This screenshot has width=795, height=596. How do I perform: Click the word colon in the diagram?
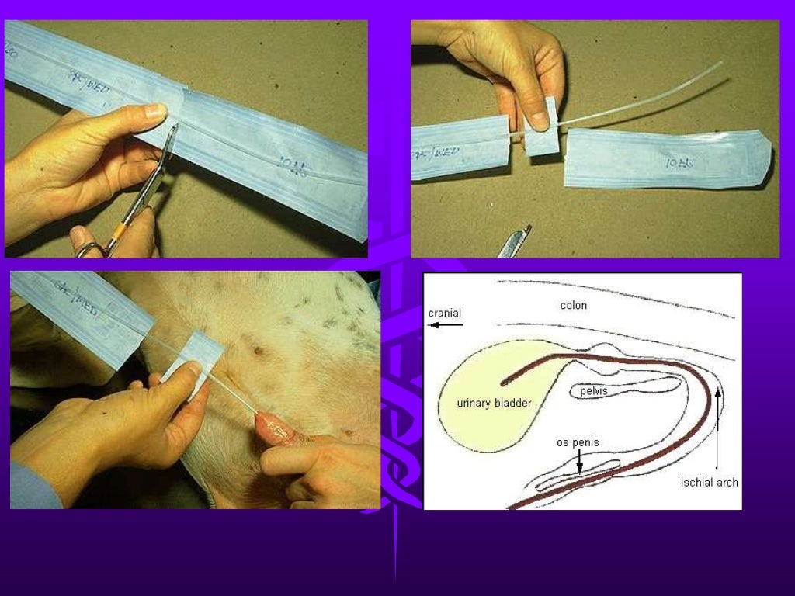pyautogui.click(x=574, y=306)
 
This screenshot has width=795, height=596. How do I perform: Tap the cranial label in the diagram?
pyautogui.click(x=445, y=313)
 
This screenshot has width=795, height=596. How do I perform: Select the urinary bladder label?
pyautogui.click(x=494, y=404)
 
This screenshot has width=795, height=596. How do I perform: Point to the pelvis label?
pyautogui.click(x=594, y=391)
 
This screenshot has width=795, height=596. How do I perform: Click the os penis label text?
pyautogui.click(x=578, y=443)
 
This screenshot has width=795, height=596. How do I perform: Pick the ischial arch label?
pyautogui.click(x=709, y=482)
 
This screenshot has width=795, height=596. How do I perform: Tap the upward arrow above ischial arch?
pyautogui.click(x=718, y=427)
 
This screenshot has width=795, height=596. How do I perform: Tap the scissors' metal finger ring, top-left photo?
pyautogui.click(x=89, y=250)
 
